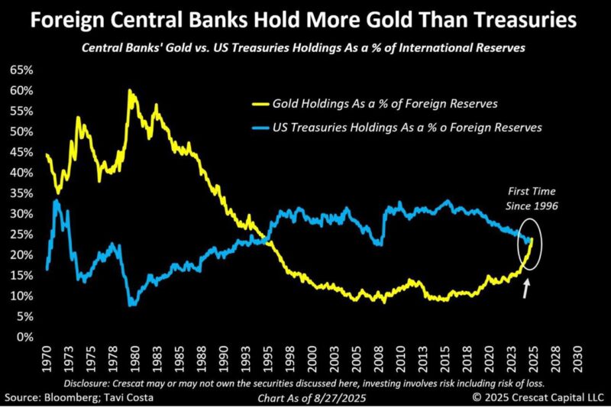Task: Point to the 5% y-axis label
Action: coord(26,316)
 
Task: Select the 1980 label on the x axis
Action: coord(134,357)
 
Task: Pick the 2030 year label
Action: coord(581,357)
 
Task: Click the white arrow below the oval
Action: coord(526,289)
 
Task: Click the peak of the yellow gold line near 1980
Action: coord(130,90)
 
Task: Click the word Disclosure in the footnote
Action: coord(89,382)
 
